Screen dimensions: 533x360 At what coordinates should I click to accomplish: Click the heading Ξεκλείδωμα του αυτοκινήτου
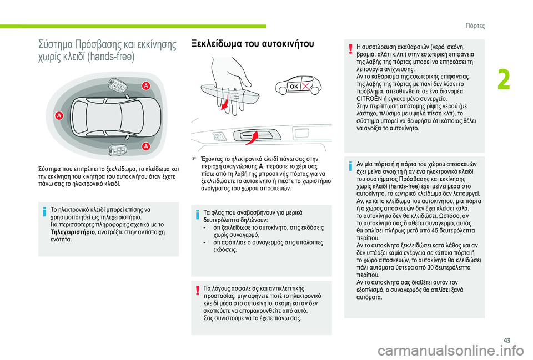(253, 44)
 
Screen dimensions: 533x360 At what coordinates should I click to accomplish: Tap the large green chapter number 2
(504, 80)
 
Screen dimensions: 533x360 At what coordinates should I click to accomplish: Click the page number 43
(507, 340)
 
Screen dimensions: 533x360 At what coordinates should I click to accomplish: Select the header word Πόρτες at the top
(475, 26)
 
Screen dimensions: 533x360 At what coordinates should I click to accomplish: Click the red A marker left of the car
(59, 116)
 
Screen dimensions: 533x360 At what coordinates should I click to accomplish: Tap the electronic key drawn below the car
(117, 150)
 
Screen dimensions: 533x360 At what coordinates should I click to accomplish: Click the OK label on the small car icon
(294, 87)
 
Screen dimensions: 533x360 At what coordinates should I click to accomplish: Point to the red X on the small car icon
(305, 87)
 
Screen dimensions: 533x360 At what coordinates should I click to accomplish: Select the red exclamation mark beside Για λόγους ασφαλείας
(198, 291)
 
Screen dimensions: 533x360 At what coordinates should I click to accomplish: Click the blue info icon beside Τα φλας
(197, 215)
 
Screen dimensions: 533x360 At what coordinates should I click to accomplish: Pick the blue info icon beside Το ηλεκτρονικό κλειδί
(44, 212)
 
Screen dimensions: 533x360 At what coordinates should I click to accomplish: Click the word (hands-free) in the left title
(111, 57)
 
